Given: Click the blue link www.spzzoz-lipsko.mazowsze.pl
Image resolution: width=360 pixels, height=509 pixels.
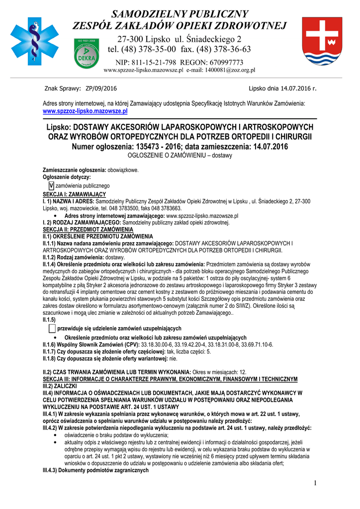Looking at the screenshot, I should click(86, 111).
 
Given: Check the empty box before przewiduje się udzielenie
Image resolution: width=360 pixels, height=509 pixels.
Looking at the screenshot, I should click(52, 329).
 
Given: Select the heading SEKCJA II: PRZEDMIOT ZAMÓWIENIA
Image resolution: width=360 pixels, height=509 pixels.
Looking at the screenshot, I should click(91, 230).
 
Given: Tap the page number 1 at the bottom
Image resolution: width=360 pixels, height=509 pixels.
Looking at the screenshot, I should click(315, 483).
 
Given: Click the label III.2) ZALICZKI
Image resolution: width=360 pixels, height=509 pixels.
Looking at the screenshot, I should click(59, 386).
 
